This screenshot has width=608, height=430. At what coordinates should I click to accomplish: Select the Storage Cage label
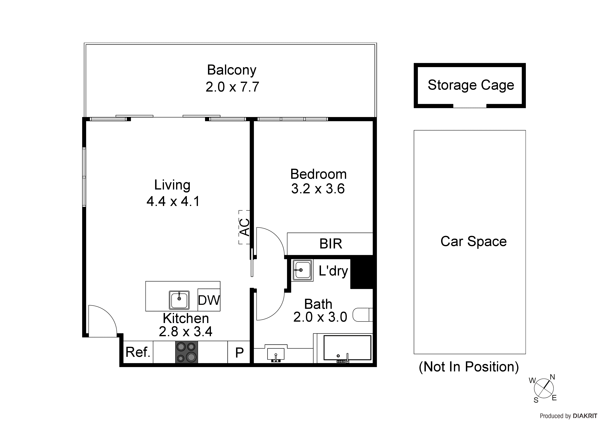471,85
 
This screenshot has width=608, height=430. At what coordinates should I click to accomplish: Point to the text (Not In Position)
468,367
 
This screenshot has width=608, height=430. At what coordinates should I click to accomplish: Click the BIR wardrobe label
331,244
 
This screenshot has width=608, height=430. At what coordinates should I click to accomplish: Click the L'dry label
333,271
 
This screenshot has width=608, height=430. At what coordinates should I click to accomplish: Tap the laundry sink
302,270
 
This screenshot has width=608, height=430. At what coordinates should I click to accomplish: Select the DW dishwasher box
209,300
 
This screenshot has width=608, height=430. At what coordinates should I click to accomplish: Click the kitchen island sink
179,300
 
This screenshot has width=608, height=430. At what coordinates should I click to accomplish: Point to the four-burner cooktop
186,352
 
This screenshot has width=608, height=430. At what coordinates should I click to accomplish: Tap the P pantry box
239,352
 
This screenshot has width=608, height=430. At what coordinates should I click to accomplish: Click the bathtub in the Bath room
347,348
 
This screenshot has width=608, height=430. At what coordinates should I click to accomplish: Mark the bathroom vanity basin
276,354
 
